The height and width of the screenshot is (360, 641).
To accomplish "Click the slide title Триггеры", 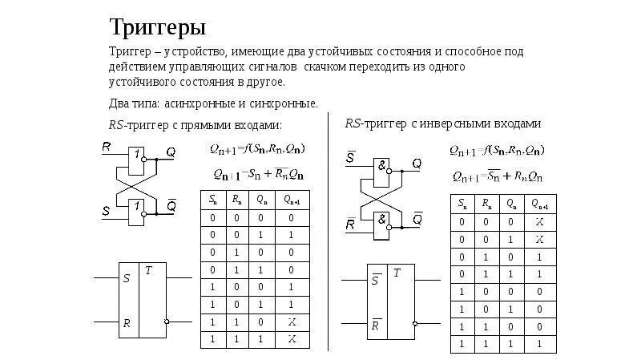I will tap(158, 28).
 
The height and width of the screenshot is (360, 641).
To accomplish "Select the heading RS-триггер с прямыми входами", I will tap(196, 126).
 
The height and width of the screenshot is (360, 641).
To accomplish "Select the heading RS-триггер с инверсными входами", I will tap(443, 124).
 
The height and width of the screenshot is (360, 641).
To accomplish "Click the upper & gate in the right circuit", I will tap(384, 164).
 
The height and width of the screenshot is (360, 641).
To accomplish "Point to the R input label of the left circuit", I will tap(107, 146).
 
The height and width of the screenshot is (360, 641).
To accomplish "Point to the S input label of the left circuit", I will tap(107, 212).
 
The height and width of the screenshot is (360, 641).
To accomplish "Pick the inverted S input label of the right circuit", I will tap(351, 156).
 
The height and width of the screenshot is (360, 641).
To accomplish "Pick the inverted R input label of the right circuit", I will tap(351, 224).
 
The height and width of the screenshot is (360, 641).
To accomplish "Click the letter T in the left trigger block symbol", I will tap(149, 271).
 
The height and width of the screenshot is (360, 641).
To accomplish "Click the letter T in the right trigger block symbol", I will tap(397, 274).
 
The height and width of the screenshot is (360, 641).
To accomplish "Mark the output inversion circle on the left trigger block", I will tap(166, 322).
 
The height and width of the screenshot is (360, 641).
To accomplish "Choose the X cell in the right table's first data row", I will tap(540, 222).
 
